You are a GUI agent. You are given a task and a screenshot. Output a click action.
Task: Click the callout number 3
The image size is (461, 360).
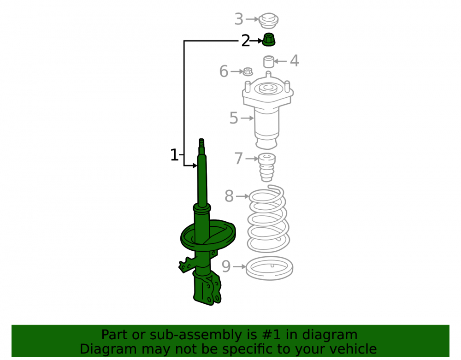point(239,19)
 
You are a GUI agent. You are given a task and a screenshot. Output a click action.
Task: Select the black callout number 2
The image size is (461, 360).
point(246,41)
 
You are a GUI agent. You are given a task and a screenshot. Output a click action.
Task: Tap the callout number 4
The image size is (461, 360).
point(294,61)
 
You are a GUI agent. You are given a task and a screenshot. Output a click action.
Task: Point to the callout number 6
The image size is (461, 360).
point(224,71)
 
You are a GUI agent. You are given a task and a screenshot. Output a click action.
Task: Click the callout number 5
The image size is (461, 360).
point(234,118)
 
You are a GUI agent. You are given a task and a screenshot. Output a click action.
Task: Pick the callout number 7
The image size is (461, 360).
point(239,159)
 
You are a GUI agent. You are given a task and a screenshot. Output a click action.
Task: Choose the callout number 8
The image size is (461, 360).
point(229,196)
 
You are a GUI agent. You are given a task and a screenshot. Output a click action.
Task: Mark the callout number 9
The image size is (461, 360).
point(226,266)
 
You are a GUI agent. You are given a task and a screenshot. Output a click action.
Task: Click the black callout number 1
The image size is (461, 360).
point(174,155)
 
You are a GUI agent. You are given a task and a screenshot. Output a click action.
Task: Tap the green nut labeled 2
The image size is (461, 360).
point(268,40)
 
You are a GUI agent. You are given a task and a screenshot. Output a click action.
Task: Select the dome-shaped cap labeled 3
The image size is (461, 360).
point(268,20)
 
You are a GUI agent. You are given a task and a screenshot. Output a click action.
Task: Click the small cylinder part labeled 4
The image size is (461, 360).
point(268,61)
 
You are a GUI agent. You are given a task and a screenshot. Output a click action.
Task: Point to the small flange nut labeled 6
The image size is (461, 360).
point(248,71)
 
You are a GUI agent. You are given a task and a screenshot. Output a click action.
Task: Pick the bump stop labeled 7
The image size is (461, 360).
point(267,167)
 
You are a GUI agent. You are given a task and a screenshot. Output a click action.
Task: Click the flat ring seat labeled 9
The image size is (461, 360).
point(269,268)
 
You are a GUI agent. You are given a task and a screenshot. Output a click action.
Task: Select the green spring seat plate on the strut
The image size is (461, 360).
point(208,236)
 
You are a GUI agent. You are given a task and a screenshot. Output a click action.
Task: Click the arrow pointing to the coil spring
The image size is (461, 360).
point(242,196)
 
